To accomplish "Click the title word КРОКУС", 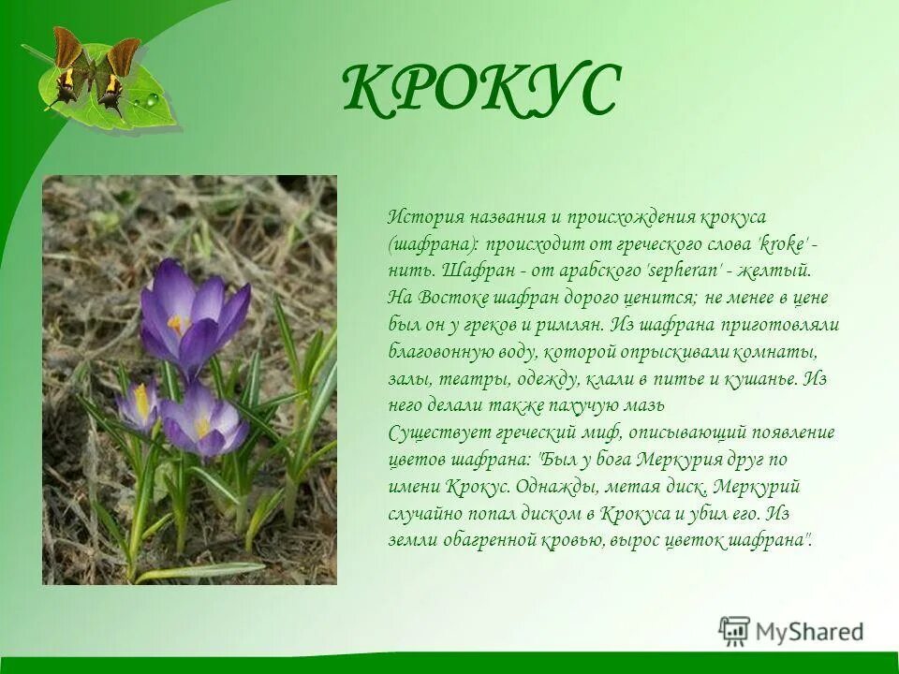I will coord(481,91).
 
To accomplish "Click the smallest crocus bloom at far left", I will coord(137,404).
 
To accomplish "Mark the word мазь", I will coord(644,406).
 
